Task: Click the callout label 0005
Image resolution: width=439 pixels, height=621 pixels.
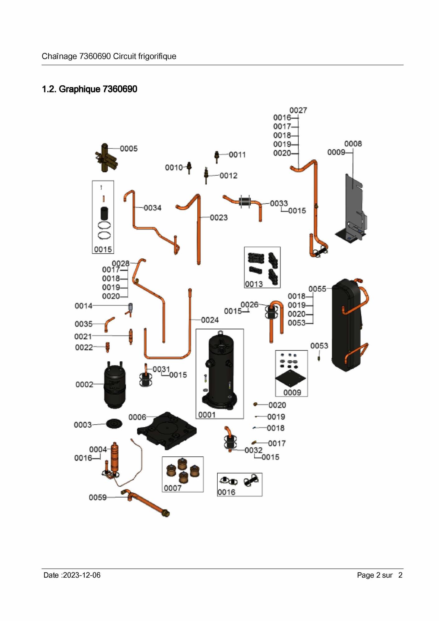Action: (x=129, y=149)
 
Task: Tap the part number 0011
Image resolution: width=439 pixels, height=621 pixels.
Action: (x=237, y=155)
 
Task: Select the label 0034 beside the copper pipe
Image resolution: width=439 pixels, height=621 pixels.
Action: (x=153, y=208)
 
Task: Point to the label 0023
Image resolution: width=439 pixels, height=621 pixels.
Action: (x=219, y=218)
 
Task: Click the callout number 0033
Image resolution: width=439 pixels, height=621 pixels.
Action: (x=279, y=204)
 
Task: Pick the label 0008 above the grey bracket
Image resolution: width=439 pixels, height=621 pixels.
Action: (x=353, y=144)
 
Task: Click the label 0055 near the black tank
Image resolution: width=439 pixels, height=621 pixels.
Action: (x=317, y=289)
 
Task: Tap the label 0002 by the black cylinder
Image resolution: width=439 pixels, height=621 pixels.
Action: (x=84, y=385)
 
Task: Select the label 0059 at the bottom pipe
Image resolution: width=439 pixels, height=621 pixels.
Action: (x=98, y=498)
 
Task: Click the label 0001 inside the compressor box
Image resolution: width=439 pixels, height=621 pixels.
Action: (x=207, y=415)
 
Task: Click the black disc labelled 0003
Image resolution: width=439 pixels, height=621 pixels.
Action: (x=114, y=423)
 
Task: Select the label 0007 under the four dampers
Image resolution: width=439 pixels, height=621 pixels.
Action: (x=172, y=488)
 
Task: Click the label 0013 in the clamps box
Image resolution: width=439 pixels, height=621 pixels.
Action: (x=254, y=284)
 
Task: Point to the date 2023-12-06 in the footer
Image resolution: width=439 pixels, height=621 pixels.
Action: (x=82, y=575)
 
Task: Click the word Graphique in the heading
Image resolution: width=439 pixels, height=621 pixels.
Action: (x=79, y=89)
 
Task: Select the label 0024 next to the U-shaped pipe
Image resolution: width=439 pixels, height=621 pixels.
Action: (x=210, y=320)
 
